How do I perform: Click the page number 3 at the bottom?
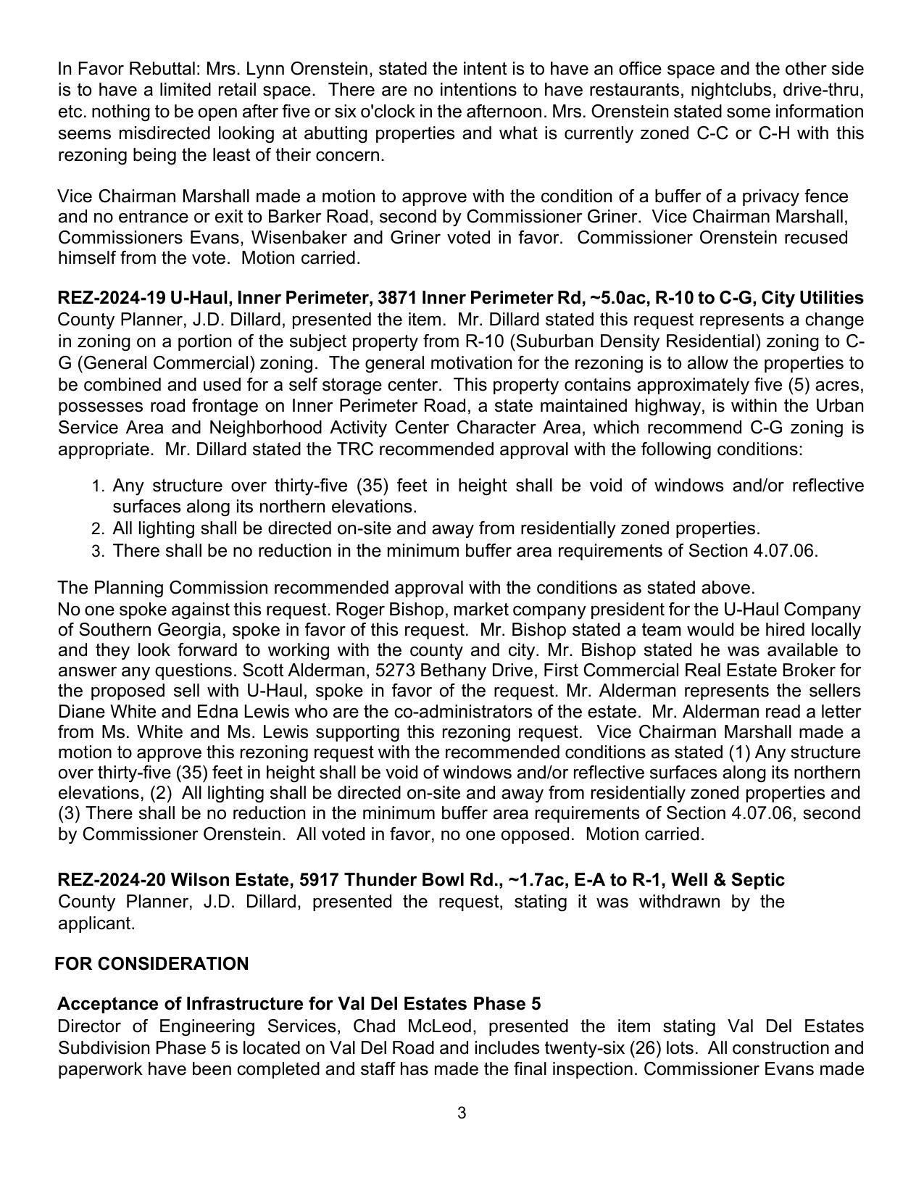(462, 1113)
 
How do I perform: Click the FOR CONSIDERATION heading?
(151, 963)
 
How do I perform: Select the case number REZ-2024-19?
(112, 298)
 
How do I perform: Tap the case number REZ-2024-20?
(112, 880)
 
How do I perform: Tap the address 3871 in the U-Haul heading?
(397, 298)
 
